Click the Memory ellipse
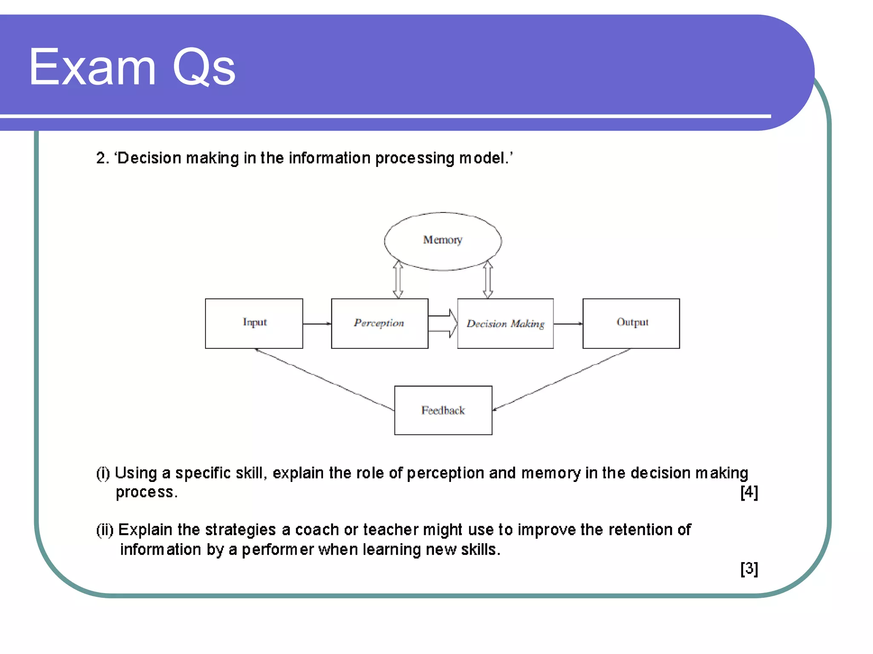click(442, 241)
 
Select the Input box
click(254, 323)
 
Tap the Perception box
click(379, 323)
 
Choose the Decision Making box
click(505, 324)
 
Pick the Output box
click(631, 323)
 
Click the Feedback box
click(443, 410)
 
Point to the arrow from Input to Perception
click(317, 324)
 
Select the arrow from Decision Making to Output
click(568, 324)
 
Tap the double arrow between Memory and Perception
click(398, 279)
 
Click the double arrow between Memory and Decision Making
click(488, 279)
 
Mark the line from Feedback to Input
click(324, 379)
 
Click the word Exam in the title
click(92, 67)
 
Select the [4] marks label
click(749, 492)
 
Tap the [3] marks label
click(749, 568)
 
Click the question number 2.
click(101, 158)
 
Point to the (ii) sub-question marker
click(104, 530)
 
